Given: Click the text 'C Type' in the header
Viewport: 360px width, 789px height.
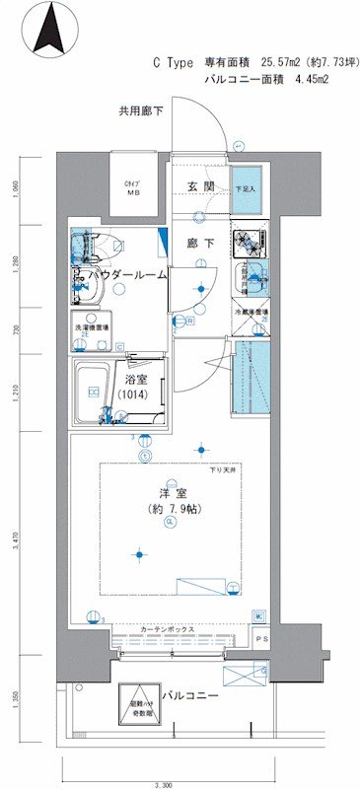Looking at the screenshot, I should (173, 62).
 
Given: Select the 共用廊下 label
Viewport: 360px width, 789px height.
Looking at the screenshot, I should (140, 112).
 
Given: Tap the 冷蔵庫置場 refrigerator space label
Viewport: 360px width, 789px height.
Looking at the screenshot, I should (252, 313).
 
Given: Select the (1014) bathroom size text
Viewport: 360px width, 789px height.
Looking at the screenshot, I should (134, 394).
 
